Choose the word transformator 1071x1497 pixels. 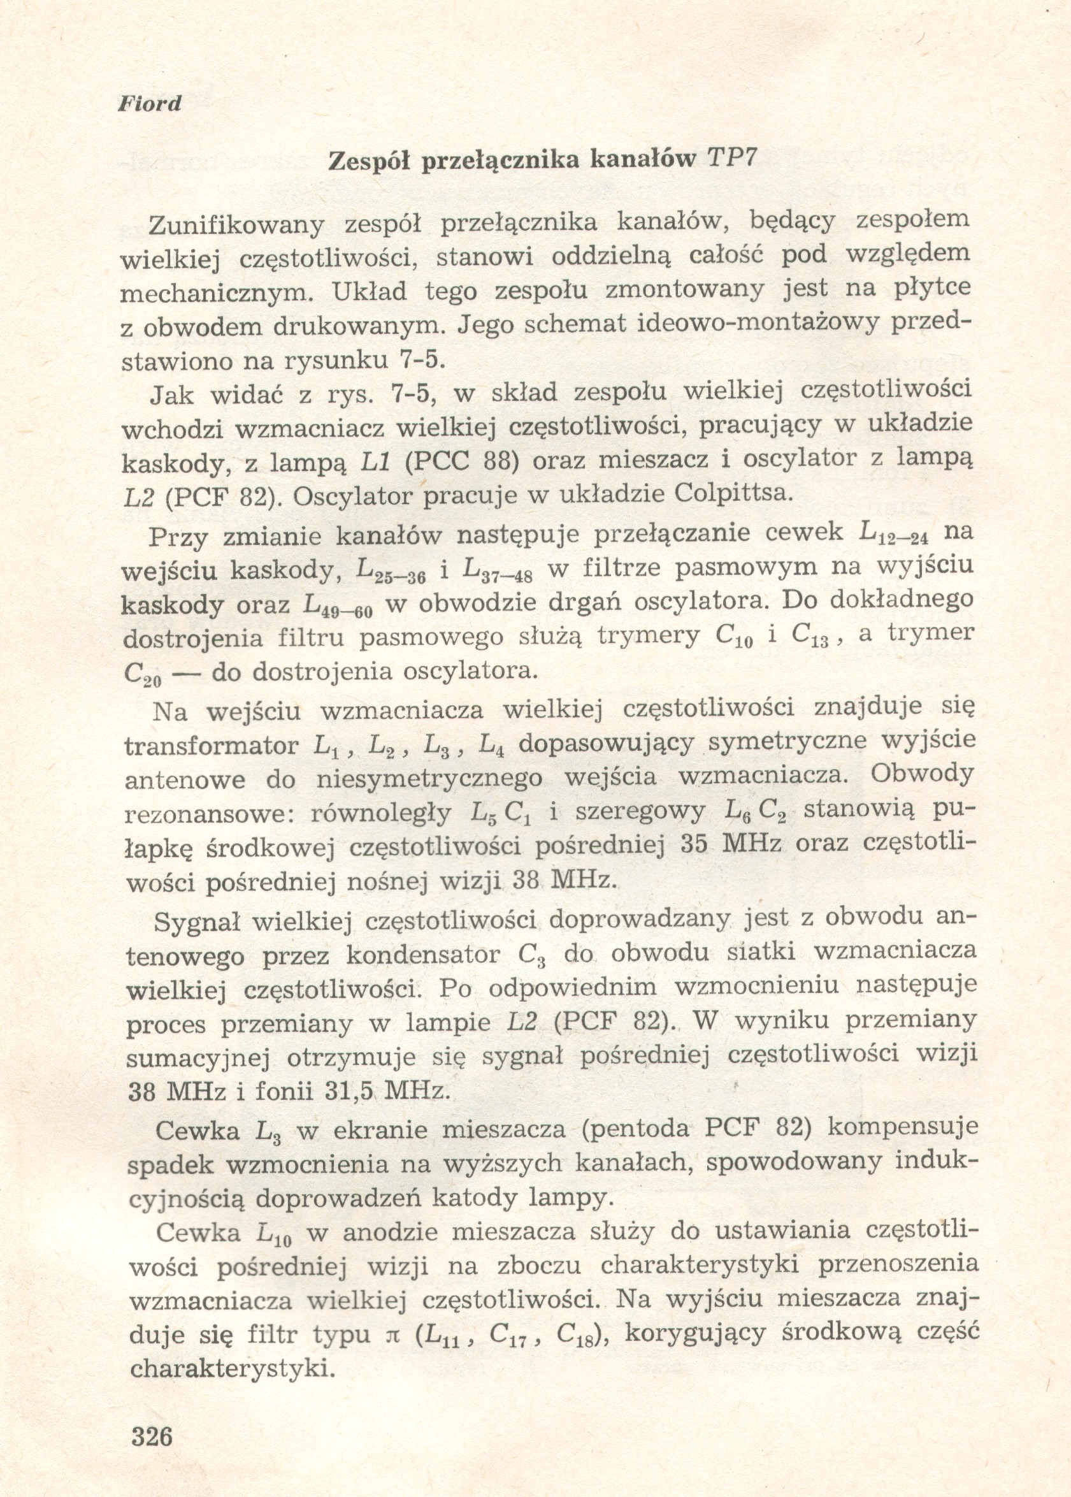(x=211, y=746)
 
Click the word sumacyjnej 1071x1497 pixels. (x=198, y=1058)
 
